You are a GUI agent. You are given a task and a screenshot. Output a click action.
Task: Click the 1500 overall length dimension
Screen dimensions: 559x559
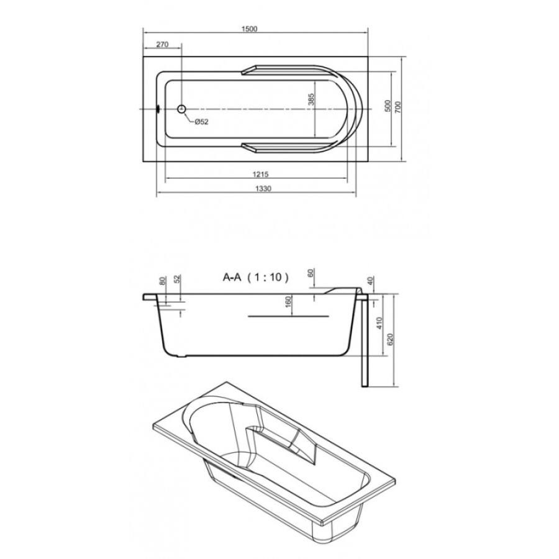249,29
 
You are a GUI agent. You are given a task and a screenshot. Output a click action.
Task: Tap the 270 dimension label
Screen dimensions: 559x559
162,45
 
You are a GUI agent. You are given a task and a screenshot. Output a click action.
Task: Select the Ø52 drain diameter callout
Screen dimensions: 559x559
201,122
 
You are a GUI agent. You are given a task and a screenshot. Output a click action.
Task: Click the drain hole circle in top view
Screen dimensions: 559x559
182,109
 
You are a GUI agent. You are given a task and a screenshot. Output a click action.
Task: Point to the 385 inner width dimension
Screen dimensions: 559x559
311,99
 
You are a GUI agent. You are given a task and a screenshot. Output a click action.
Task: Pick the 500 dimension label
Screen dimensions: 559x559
388,106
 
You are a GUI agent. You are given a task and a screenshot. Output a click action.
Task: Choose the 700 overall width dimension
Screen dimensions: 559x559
398,106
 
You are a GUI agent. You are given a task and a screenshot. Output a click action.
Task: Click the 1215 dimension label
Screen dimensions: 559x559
260,175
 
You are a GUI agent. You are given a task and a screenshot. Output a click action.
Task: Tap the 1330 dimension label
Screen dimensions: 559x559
263,188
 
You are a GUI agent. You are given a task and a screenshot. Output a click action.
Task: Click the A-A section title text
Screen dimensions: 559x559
232,277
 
